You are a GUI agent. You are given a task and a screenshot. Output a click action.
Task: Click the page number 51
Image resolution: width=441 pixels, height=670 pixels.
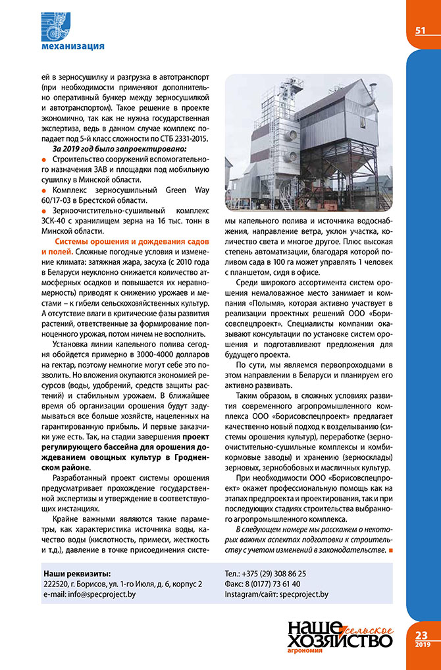pos(420,30)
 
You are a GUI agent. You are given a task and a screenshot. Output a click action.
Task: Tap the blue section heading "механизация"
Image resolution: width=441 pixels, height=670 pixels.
pos(72,46)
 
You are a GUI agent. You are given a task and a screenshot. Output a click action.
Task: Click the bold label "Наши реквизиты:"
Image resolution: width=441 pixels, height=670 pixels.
pos(76,574)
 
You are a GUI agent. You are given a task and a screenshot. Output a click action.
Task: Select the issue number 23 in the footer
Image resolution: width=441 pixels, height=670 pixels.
pos(422,635)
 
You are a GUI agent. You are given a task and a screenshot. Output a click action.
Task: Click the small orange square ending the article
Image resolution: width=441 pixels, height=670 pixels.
pos(391,549)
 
